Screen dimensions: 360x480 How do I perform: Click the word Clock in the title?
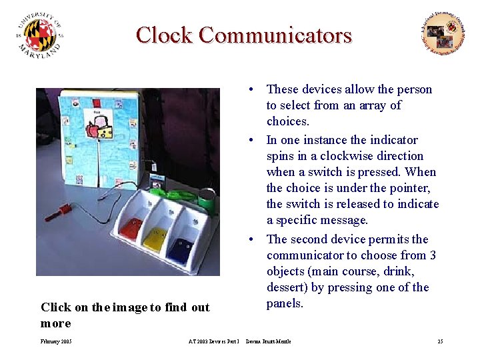[x=164, y=35]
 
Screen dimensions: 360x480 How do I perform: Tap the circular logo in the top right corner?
[x=443, y=33]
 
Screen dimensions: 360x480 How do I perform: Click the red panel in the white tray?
[x=131, y=227]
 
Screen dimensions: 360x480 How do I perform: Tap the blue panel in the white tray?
[x=180, y=249]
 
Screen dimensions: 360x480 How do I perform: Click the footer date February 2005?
[x=56, y=341]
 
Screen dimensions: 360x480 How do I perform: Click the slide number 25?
[x=440, y=341]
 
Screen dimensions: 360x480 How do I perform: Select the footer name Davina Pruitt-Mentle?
[x=268, y=341]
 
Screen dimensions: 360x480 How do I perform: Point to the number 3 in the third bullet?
[x=432, y=255]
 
